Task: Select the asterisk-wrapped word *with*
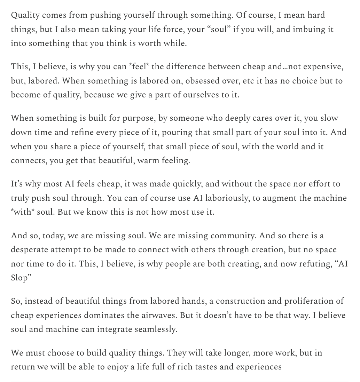click(x=23, y=212)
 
